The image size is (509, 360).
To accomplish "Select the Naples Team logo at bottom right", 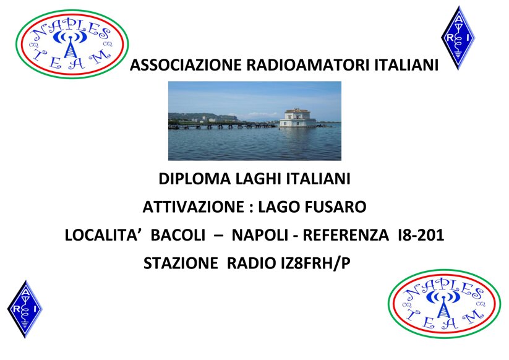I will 443,303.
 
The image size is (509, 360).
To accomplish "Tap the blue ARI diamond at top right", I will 458,37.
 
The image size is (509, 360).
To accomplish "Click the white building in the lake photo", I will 297,118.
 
